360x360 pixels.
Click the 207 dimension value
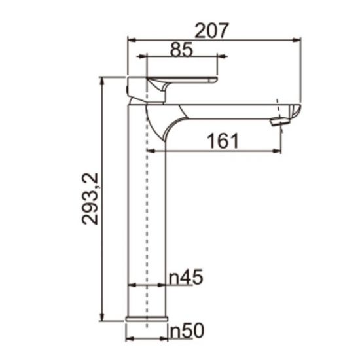(x=211, y=29)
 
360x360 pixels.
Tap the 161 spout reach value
(x=223, y=141)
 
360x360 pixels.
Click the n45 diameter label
(x=186, y=278)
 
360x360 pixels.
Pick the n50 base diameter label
(x=186, y=331)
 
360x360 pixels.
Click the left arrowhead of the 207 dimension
(x=130, y=40)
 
